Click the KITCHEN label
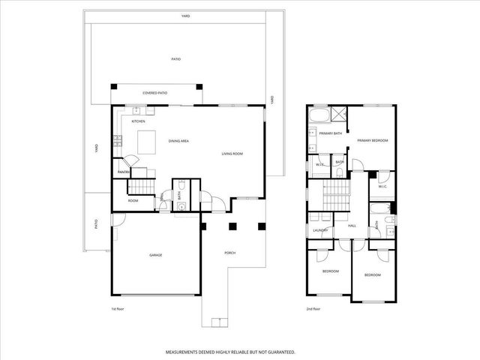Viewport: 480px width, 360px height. [138, 121]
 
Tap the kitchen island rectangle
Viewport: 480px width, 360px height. [147, 140]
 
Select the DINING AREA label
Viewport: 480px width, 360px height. [178, 141]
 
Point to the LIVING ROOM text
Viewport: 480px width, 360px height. [232, 154]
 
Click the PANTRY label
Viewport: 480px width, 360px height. [124, 173]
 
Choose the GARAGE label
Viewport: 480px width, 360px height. [155, 255]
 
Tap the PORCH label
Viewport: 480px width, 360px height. [230, 253]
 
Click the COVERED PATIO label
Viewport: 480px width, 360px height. [155, 93]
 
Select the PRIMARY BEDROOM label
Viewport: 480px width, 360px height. [372, 140]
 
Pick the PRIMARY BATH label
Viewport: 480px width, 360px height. [330, 133]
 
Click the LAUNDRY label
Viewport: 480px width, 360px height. [322, 230]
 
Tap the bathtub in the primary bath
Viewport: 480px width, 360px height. [319, 115]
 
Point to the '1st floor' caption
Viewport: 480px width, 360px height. [118, 308]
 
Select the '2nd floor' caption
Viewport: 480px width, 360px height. [313, 308]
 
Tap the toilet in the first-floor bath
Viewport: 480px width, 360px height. [181, 208]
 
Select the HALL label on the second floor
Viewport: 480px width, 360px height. [352, 225]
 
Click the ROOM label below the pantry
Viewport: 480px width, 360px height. [133, 200]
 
